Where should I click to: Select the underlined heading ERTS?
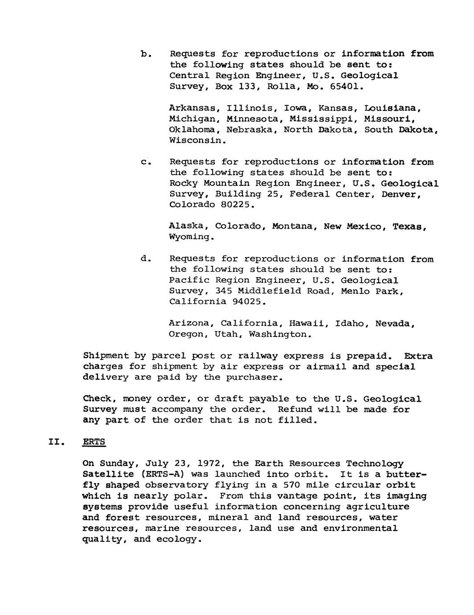pyautogui.click(x=94, y=442)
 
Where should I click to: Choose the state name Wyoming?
pyautogui.click(x=191, y=237)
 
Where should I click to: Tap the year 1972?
pyautogui.click(x=208, y=463)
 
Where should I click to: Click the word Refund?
pyautogui.click(x=294, y=409)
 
